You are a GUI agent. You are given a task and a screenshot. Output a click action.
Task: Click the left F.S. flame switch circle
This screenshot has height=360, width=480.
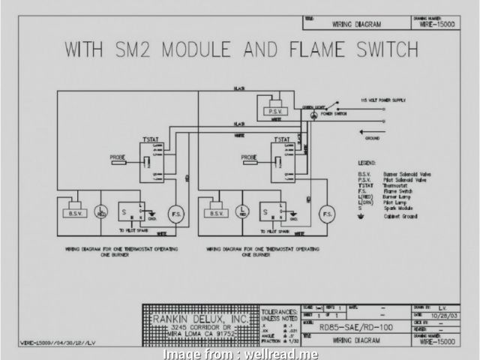177,213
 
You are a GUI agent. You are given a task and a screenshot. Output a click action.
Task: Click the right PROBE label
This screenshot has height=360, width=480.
250,157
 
